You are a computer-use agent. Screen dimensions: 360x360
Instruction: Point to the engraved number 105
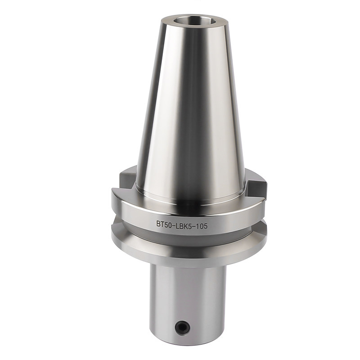click(x=202, y=226)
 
